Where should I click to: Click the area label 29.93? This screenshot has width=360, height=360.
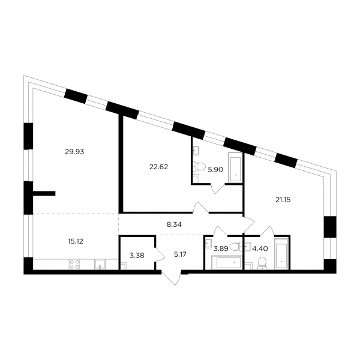pyautogui.click(x=74, y=152)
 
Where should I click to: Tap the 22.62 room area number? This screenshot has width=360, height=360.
pyautogui.click(x=158, y=167)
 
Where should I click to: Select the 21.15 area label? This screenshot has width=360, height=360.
pyautogui.click(x=283, y=200)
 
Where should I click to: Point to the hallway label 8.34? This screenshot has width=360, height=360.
pyautogui.click(x=174, y=224)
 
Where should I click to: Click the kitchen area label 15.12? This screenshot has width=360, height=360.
pyautogui.click(x=76, y=241)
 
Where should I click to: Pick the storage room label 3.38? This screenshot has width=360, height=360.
pyautogui.click(x=137, y=256)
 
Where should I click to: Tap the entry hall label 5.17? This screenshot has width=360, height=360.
pyautogui.click(x=180, y=254)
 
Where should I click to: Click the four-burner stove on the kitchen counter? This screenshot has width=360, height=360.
pyautogui.click(x=74, y=264)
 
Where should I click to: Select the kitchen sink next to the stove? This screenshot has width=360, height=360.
pyautogui.click(x=100, y=265)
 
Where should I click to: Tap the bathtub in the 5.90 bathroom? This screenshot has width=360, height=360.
pyautogui.click(x=235, y=167)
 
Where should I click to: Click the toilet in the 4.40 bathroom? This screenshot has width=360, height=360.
pyautogui.click(x=262, y=263)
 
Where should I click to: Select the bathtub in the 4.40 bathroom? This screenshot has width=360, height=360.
pyautogui.click(x=281, y=254)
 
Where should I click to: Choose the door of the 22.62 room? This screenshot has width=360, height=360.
pyautogui.click(x=200, y=208)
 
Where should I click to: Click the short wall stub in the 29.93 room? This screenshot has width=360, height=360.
pyautogui.click(x=44, y=193)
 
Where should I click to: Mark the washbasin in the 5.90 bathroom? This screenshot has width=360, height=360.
pyautogui.click(x=196, y=151)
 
